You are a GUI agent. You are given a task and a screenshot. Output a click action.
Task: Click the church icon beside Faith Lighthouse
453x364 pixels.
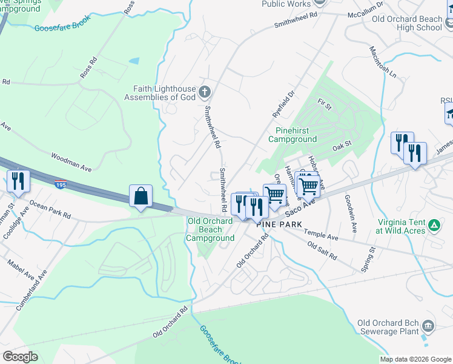205,92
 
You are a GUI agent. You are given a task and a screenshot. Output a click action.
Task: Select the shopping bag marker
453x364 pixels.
141,197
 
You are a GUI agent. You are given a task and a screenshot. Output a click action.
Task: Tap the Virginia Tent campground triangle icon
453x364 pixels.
434,226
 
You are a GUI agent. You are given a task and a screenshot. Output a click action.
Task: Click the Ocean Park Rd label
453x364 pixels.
50,211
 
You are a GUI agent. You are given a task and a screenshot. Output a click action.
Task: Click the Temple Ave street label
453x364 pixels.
321,235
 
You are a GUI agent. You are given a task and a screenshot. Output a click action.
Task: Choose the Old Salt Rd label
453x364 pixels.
322,251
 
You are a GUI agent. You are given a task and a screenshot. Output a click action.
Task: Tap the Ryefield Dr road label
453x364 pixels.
283,102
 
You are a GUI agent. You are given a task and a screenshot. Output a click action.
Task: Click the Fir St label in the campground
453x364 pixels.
325,107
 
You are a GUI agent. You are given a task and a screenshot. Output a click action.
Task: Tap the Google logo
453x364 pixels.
20,357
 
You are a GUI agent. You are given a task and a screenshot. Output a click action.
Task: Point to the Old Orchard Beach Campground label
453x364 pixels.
210,230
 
